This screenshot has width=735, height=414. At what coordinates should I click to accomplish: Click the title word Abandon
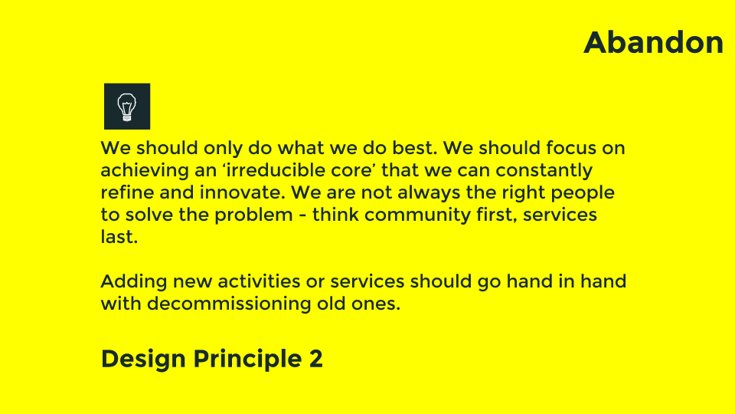[x=653, y=43]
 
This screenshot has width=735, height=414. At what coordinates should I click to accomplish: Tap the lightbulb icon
[x=127, y=106]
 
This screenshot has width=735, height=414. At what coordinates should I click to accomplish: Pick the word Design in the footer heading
[x=143, y=359]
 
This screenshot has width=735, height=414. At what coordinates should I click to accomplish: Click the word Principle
[x=247, y=359]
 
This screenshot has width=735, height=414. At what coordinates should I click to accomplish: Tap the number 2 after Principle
[x=315, y=359]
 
